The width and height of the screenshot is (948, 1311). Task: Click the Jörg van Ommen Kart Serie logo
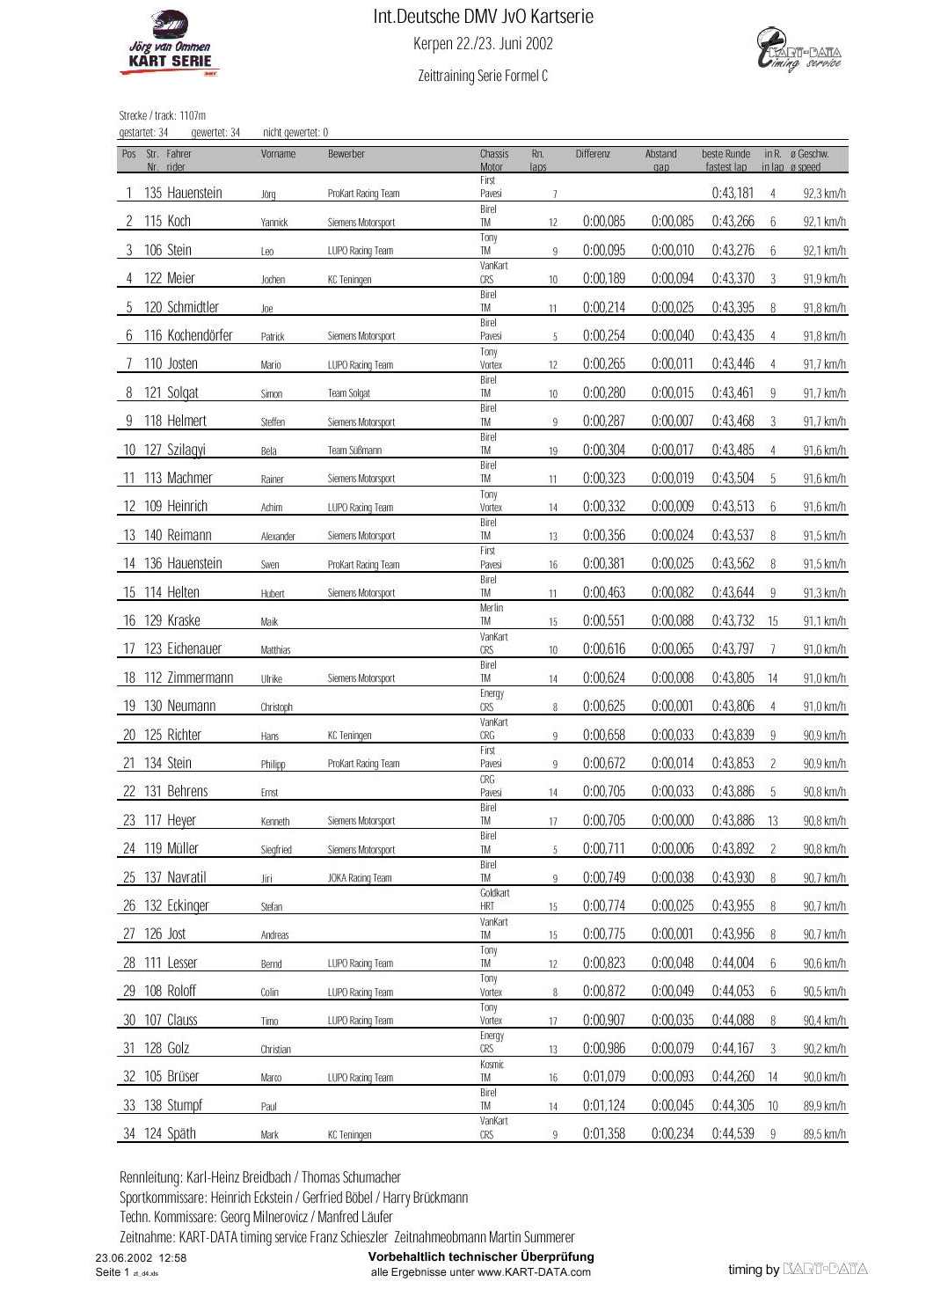click(170, 44)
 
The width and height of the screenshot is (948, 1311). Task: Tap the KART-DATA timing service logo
click(799, 50)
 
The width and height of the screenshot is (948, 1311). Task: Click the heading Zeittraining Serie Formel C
click(483, 76)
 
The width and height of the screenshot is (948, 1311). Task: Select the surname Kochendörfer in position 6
click(200, 335)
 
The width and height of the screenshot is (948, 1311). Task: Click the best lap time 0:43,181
click(733, 193)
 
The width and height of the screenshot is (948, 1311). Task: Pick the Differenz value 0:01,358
click(603, 1133)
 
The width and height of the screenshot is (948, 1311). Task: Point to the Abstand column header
click(660, 154)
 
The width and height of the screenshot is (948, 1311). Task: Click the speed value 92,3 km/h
click(824, 194)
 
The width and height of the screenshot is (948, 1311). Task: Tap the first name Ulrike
click(272, 678)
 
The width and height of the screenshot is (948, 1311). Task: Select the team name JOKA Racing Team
click(360, 877)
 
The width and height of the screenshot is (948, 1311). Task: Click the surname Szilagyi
click(186, 450)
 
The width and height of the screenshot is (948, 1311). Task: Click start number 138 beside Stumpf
click(153, 1105)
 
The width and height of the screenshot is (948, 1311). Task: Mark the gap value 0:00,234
click(672, 1133)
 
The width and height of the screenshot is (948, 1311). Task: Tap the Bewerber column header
click(346, 154)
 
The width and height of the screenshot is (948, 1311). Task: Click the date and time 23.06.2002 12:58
click(141, 1258)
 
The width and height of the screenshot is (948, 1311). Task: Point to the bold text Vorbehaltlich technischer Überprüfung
click(480, 1256)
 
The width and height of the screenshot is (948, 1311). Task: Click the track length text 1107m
click(192, 115)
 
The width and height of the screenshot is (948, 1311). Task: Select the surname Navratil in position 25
click(186, 877)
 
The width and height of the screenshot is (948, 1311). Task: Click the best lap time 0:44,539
click(733, 1133)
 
